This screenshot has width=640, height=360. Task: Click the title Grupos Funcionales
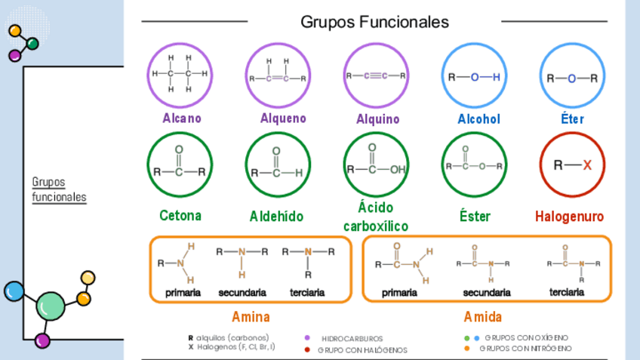pyautogui.click(x=374, y=22)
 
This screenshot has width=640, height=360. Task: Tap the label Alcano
pyautogui.click(x=182, y=118)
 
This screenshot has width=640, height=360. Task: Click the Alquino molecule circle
pyautogui.click(x=376, y=75)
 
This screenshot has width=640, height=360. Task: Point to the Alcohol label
pyautogui.click(x=478, y=119)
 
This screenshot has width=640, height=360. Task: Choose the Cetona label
pyautogui.click(x=180, y=216)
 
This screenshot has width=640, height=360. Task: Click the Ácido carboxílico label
pyautogui.click(x=376, y=217)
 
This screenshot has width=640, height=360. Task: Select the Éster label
pyautogui.click(x=475, y=217)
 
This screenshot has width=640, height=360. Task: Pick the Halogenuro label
pyautogui.click(x=570, y=217)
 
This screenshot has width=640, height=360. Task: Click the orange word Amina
pyautogui.click(x=251, y=317)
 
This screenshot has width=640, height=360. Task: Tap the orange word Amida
pyautogui.click(x=483, y=317)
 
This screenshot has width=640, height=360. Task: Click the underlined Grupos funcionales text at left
pyautogui.click(x=59, y=190)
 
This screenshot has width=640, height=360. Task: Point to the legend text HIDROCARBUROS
pyautogui.click(x=352, y=339)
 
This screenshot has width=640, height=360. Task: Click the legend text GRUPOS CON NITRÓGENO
pyautogui.click(x=525, y=349)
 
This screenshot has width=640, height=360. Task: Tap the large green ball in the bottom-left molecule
pyautogui.click(x=51, y=306)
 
